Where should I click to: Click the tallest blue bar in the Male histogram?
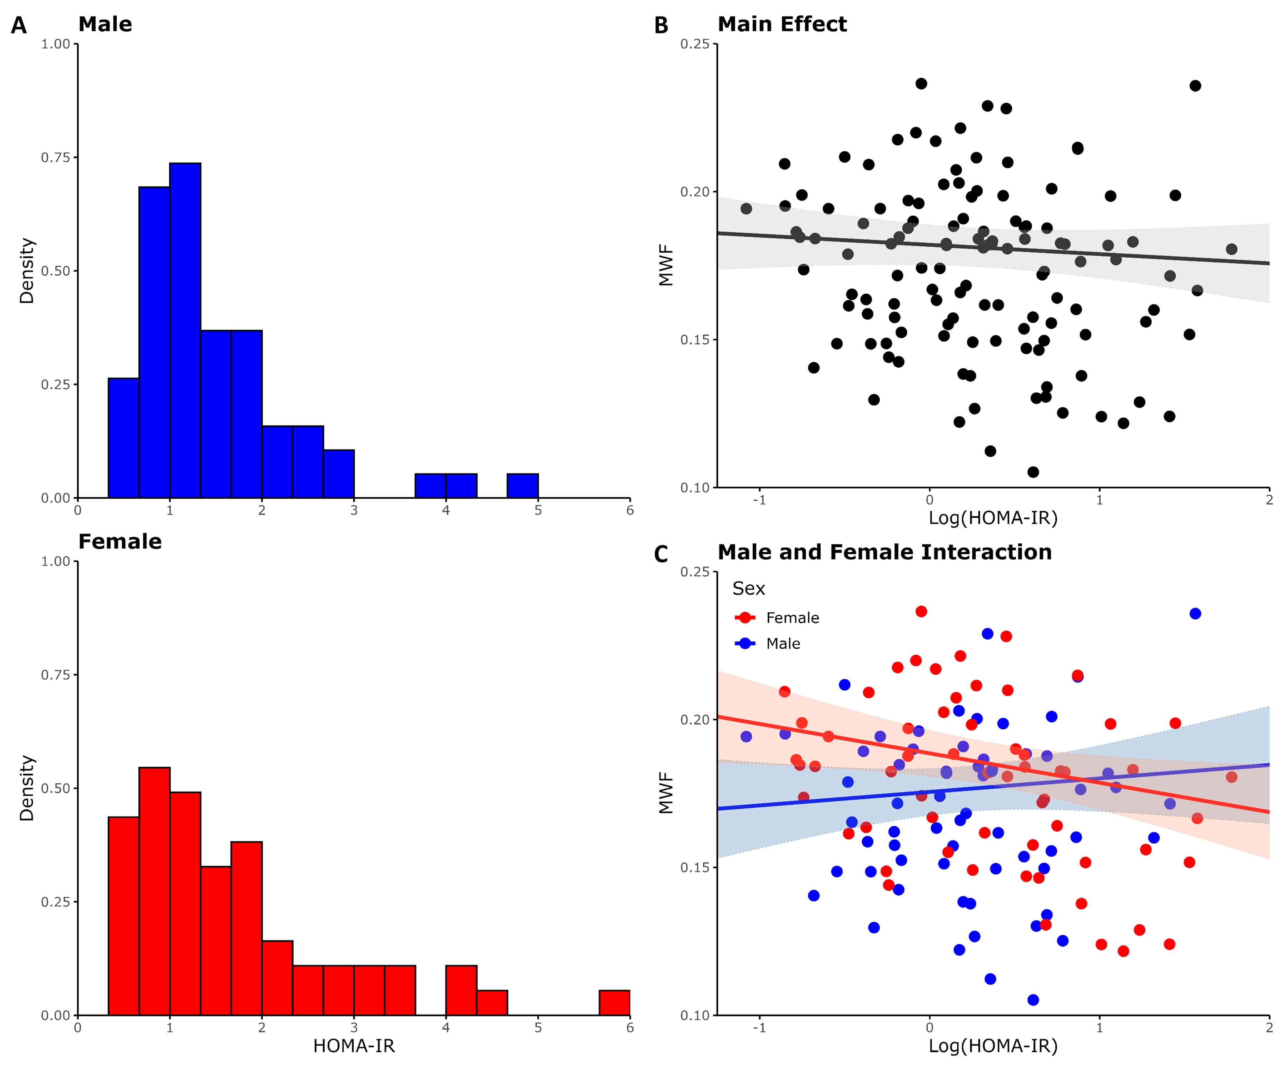[x=185, y=331]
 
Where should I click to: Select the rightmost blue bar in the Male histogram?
[x=522, y=486]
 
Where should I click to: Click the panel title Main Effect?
[x=782, y=25]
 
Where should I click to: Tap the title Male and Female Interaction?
[x=884, y=552]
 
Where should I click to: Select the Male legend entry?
[x=783, y=643]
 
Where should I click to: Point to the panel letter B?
[x=661, y=26]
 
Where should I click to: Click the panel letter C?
[x=661, y=554]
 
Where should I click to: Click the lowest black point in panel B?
[x=1033, y=472]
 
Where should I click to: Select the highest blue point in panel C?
[x=1195, y=613]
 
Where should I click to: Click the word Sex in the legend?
[x=748, y=589]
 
